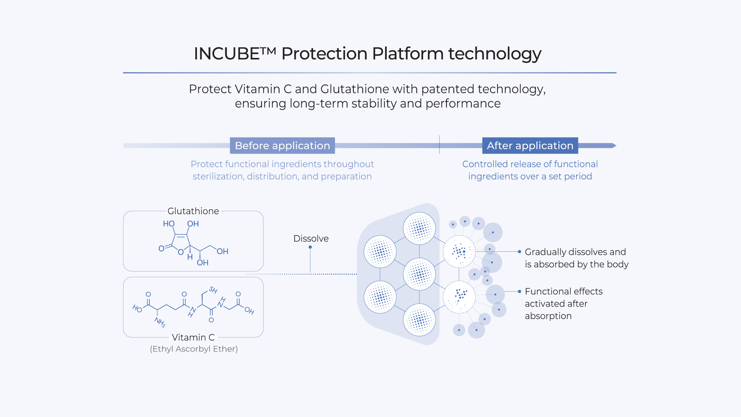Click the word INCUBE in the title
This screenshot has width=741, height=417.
coord(226,54)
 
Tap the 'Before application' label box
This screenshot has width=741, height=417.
coord(282,146)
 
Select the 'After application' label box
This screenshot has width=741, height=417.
coord(530,146)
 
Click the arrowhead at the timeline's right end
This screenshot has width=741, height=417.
coord(614,146)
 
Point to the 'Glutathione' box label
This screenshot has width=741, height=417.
coord(193,211)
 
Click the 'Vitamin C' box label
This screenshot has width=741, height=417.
coord(193,337)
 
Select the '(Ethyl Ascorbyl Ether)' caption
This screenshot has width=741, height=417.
coord(194,349)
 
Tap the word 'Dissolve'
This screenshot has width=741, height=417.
coord(311,239)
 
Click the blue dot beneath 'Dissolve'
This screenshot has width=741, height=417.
coord(310,247)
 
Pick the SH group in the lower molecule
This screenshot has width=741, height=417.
coord(213,290)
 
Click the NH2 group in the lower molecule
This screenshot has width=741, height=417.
coord(160,322)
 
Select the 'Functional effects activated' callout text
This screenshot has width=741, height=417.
coord(563,303)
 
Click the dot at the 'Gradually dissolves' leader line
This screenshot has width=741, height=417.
coord(519,252)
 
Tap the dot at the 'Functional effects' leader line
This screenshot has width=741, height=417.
coord(519,292)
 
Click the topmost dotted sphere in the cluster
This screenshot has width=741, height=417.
coord(419,229)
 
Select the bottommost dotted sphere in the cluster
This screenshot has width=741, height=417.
coord(419,320)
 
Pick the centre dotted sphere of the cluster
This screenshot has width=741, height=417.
coord(419,274)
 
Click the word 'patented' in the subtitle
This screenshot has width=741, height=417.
coord(448,89)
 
